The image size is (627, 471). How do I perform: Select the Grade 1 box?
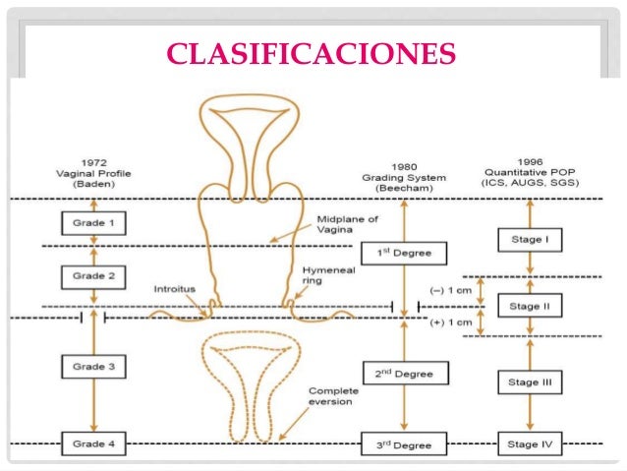93,223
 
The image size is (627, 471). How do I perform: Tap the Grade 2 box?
93,276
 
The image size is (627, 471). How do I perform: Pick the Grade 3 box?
93,367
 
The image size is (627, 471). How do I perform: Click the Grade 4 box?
93,443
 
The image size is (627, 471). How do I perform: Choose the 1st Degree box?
403,254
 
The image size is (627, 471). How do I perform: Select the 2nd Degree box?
403,374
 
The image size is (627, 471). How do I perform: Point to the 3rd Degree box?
403,443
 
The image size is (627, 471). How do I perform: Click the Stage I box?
531,238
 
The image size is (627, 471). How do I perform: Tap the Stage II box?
531,306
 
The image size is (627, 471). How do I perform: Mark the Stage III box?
531,382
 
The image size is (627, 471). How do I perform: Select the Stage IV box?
531,443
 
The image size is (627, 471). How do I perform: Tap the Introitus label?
175,289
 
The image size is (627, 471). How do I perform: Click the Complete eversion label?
333,395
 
